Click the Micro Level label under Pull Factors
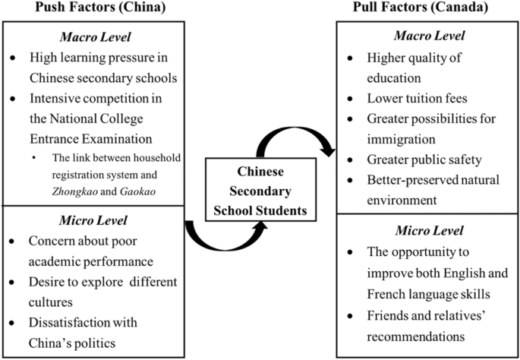pos(427,231)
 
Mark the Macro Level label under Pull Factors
pos(427,36)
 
